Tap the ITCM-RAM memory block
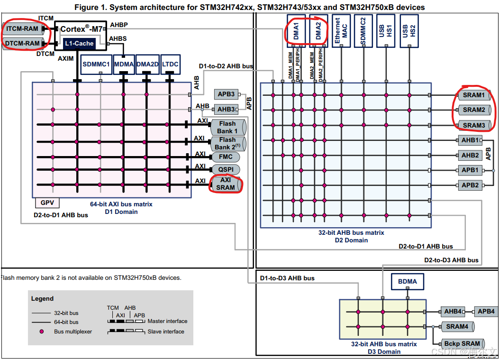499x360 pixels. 23,29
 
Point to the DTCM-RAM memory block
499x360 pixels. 23,44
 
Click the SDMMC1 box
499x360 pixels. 96,64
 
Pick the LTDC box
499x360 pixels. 170,64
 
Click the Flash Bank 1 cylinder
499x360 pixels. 228,127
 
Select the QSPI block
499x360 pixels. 226,169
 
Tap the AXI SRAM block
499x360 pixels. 226,184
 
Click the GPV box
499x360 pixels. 47,203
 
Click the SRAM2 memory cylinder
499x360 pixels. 474,110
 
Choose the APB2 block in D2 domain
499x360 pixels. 470,185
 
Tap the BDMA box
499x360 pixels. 408,281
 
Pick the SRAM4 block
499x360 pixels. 457,326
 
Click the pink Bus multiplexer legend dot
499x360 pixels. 42,332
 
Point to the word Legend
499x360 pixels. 42,299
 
